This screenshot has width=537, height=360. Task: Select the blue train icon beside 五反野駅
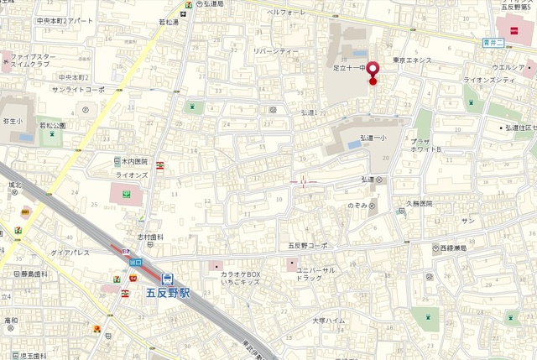coord(167,278)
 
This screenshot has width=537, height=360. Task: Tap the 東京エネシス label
coord(413,60)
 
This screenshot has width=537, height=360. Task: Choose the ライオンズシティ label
coord(494,79)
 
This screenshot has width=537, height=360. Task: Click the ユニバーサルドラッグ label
coord(315,274)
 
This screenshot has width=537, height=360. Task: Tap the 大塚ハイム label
coord(329,321)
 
